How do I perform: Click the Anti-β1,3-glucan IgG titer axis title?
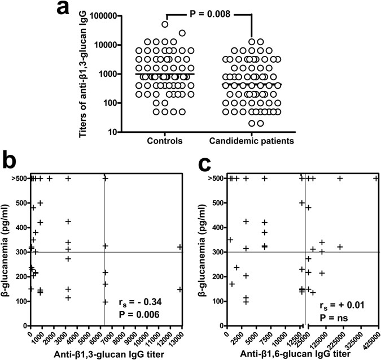click(x=106, y=354)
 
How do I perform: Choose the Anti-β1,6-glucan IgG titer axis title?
click(x=301, y=354)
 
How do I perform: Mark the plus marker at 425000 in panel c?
click(x=376, y=179)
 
